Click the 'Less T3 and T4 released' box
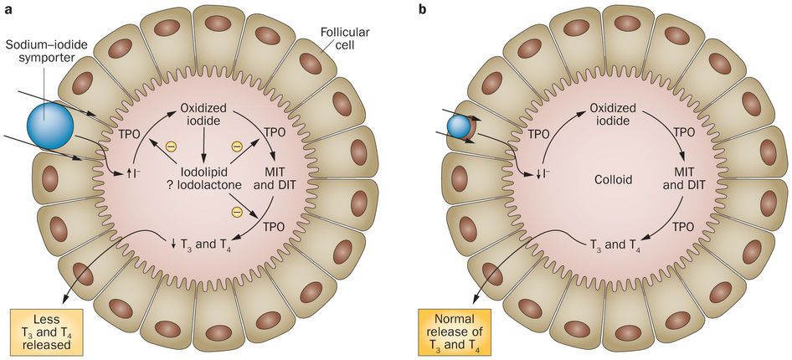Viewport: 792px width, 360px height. (x=44, y=332)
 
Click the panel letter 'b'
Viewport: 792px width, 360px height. (x=422, y=8)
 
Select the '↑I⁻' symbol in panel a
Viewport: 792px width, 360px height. (x=131, y=173)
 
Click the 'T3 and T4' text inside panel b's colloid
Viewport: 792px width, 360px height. (x=615, y=244)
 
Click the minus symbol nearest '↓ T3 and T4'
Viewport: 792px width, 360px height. (x=235, y=208)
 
